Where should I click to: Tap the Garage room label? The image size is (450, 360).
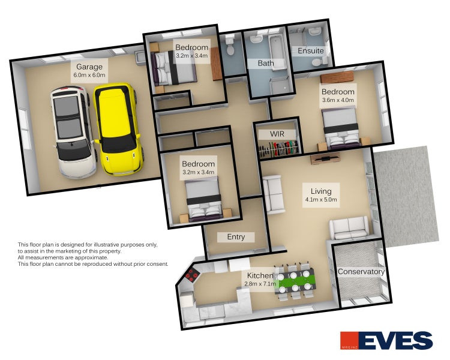(89, 67)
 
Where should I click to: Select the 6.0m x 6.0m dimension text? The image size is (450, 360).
(89, 75)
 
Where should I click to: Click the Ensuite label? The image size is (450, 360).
(311, 51)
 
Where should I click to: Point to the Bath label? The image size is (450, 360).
(266, 63)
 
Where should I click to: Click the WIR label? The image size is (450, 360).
(277, 134)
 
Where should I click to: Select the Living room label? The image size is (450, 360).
(321, 191)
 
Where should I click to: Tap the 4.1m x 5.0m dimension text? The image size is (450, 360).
(321, 200)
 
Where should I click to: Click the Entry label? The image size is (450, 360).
(236, 237)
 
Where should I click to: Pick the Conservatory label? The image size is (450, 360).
(361, 272)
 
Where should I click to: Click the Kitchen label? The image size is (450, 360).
(260, 275)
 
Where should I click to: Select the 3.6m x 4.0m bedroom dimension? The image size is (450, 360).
(338, 100)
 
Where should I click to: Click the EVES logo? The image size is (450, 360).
(386, 340)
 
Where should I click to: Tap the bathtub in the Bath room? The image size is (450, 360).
(277, 52)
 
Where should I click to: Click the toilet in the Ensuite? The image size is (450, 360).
(319, 62)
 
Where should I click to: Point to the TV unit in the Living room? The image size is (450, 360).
(325, 158)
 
